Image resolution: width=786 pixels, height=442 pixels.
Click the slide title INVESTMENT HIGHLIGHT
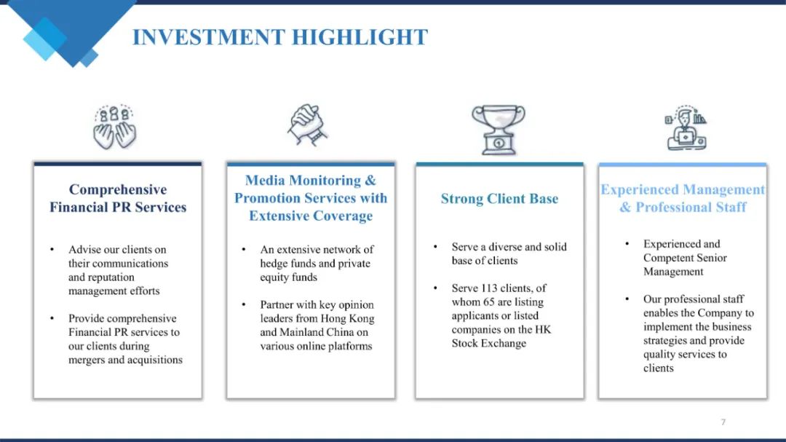coord(279,37)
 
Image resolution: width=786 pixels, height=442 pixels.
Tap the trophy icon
coord(499,130)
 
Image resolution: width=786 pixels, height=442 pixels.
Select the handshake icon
coord(307,125)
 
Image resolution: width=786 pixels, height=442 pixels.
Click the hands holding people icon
coord(115,127)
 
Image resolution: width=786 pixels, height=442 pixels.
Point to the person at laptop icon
coord(686,128)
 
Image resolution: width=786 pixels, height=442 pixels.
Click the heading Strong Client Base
coord(499,199)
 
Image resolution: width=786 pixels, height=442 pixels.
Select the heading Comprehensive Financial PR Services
coord(118,198)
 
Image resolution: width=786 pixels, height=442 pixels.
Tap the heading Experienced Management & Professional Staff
coord(683,198)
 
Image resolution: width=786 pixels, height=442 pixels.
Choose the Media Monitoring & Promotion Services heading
coord(311,197)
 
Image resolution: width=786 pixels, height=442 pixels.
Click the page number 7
coord(723,422)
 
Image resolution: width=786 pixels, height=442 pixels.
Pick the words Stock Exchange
coord(489,344)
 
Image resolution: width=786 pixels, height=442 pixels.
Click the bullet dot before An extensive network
coord(244,249)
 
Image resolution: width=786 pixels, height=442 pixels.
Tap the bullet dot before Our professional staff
coord(627,299)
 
